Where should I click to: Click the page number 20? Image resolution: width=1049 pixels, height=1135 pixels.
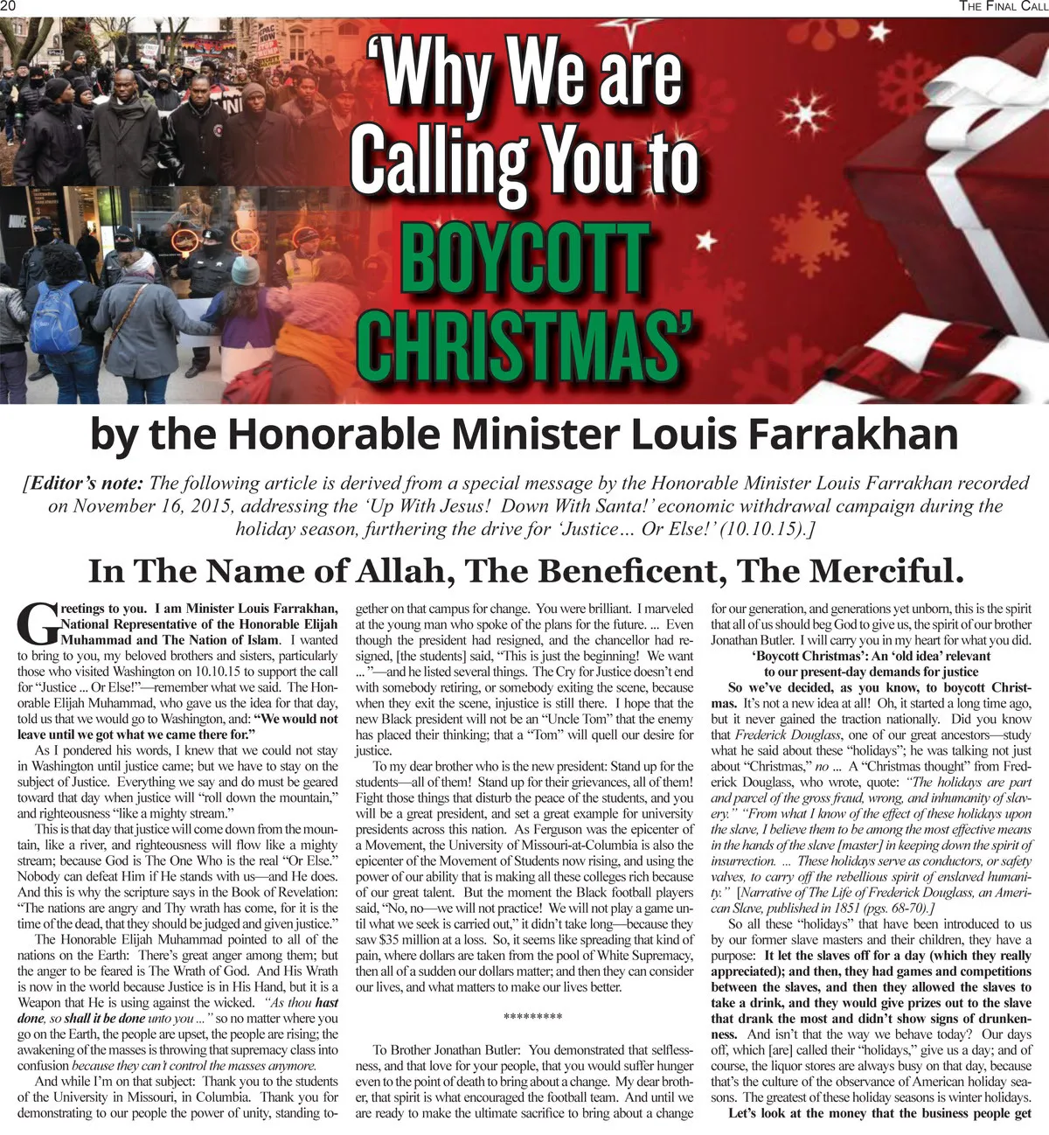coord(8,6)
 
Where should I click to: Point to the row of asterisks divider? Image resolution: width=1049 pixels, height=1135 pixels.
coord(533,1017)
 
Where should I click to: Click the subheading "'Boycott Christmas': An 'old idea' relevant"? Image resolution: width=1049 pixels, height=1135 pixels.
coord(871,656)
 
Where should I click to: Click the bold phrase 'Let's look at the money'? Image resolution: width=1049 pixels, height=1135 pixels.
coord(801,1113)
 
